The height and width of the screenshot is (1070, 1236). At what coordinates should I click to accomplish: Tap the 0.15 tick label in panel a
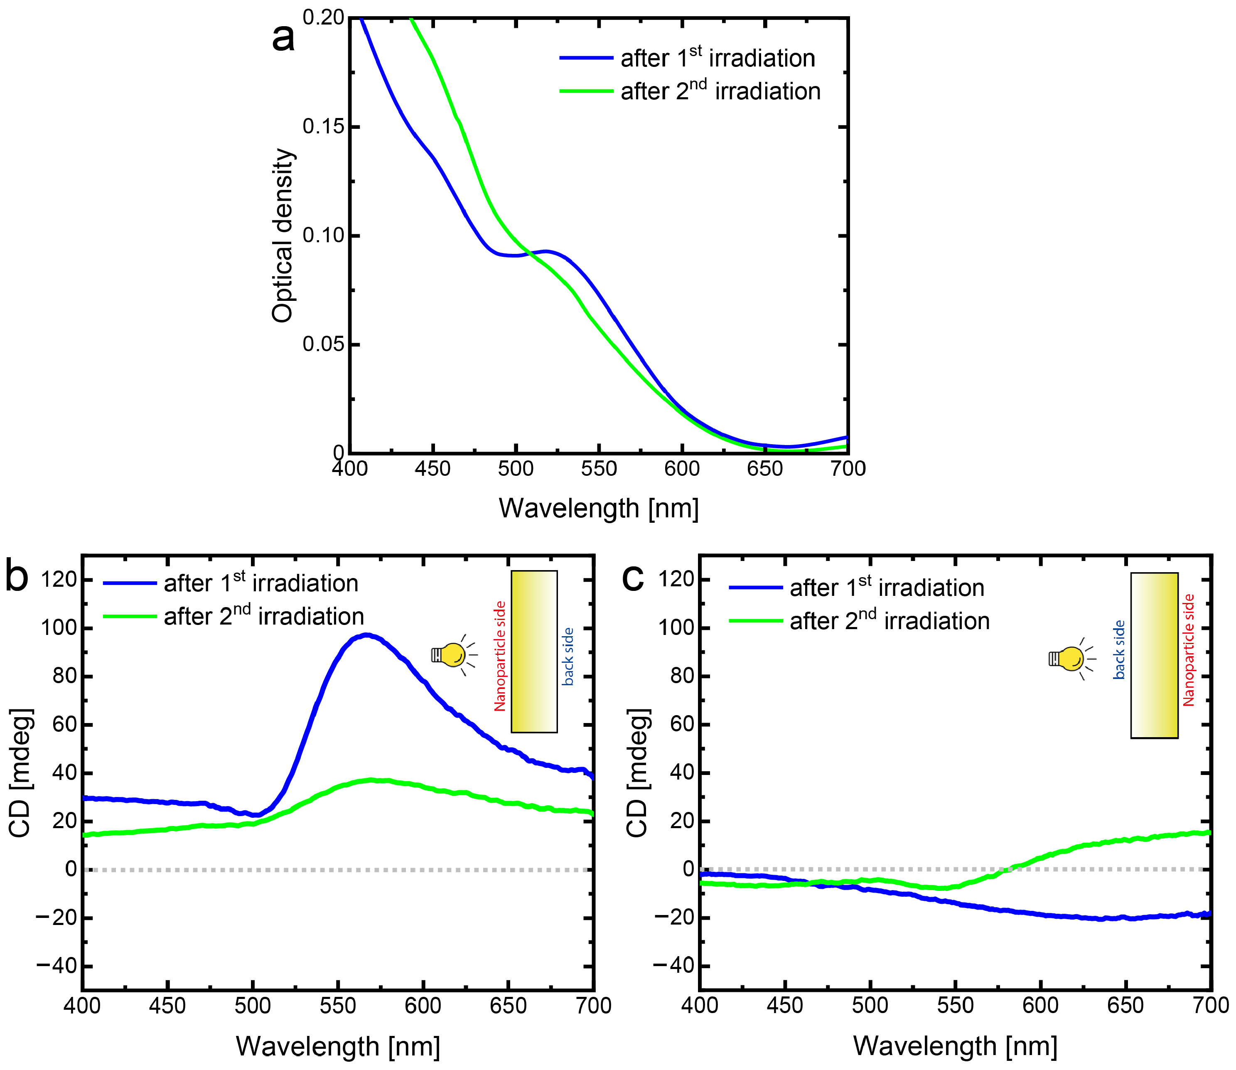click(323, 127)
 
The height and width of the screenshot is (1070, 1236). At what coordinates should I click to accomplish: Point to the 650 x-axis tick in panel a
click(765, 469)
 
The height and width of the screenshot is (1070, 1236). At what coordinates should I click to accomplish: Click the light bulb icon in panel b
click(452, 655)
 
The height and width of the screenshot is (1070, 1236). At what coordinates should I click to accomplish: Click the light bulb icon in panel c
click(1069, 659)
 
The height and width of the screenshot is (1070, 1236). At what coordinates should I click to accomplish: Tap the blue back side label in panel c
click(1119, 649)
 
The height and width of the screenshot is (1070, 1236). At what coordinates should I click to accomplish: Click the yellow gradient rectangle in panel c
click(1154, 655)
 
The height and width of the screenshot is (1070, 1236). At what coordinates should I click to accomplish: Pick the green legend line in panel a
click(586, 91)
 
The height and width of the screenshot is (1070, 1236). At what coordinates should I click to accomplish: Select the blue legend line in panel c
click(755, 588)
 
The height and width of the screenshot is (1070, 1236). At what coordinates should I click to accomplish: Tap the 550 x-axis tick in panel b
click(338, 1006)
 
